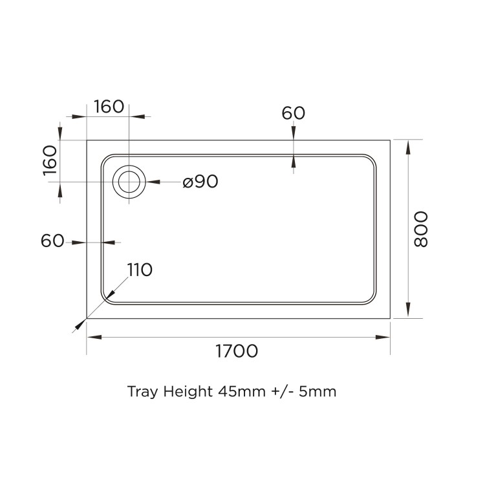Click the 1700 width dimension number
237,352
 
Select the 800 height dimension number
421,229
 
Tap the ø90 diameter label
200,182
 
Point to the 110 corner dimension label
139,270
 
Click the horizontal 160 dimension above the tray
109,107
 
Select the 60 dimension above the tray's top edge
293,113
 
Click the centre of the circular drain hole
129,182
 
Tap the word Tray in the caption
141,392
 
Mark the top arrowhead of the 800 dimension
408,146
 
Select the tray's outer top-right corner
391,140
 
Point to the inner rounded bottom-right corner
371,298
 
